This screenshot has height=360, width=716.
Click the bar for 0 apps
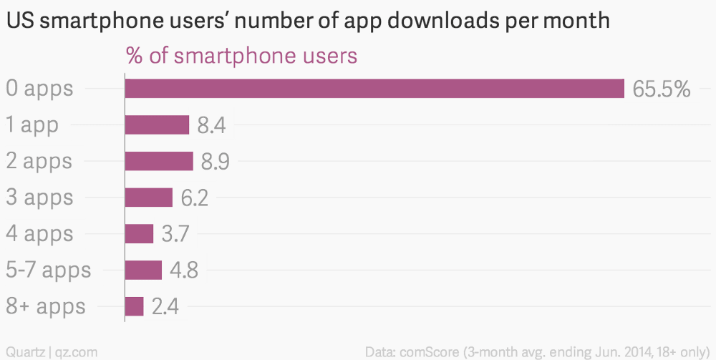tap(374, 89)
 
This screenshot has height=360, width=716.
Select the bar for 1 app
tap(157, 125)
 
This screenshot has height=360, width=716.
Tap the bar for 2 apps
tap(159, 161)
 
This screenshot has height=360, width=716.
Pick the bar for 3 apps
tap(149, 198)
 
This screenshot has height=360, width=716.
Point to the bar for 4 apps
tap(139, 234)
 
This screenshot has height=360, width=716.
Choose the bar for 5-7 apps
tap(143, 270)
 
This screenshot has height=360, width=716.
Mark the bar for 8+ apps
tap(135, 306)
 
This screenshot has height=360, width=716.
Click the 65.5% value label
tap(662, 89)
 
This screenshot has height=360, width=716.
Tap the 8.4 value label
tap(213, 126)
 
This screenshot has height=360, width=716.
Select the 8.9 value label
tap(216, 162)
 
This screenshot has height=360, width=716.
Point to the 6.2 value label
tap(194, 198)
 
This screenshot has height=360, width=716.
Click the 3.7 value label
tap(175, 234)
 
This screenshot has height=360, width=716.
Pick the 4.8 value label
tap(183, 271)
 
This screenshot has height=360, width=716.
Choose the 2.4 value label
tap(165, 307)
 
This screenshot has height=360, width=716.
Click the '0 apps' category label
tap(40, 89)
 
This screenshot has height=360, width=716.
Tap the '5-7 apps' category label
tap(49, 271)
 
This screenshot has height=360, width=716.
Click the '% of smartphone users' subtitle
tap(241, 56)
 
